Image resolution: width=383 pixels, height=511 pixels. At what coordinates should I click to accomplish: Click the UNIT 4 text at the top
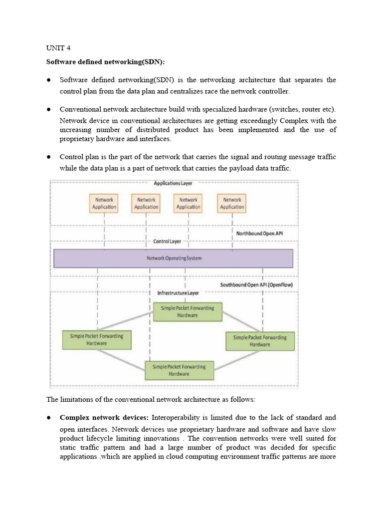click(58, 48)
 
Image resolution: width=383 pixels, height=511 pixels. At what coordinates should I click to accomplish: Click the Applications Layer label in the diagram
click(173, 184)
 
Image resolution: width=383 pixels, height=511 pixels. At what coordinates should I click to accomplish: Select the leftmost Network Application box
click(104, 203)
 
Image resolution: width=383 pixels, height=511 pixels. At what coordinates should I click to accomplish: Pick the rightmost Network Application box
click(232, 203)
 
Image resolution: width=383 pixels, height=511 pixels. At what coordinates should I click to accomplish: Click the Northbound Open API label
click(259, 233)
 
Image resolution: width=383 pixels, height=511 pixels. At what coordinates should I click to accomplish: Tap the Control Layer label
click(167, 242)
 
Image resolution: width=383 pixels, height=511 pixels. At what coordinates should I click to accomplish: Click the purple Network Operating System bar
click(173, 258)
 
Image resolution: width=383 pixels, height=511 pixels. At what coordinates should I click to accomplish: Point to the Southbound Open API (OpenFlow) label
click(256, 285)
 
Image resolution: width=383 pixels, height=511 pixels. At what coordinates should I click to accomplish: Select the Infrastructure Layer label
click(178, 293)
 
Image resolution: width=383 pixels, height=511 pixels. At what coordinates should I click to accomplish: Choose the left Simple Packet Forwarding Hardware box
click(96, 340)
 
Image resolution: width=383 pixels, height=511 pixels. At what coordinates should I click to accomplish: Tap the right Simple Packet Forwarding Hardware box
click(260, 341)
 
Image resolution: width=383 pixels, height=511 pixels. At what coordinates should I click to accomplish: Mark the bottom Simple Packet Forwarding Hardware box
click(180, 370)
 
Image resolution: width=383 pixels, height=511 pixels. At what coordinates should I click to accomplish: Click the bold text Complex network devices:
click(104, 417)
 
